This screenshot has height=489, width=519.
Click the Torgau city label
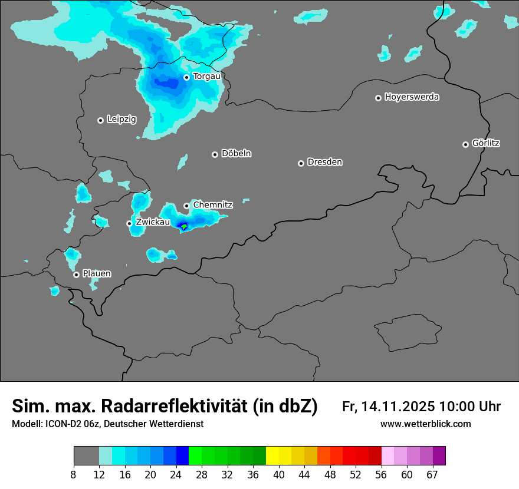(x=206, y=77)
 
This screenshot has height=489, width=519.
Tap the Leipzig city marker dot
(x=100, y=120)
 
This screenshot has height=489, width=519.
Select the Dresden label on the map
(x=324, y=162)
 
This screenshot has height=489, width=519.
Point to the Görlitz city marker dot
(x=465, y=144)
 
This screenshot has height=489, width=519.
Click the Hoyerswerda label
(x=412, y=97)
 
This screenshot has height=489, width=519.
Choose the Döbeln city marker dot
(x=215, y=154)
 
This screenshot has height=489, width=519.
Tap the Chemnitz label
(x=213, y=205)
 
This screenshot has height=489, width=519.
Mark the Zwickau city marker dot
(x=129, y=223)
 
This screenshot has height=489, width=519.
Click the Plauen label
(x=97, y=274)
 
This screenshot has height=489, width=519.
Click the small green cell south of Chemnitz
(x=184, y=227)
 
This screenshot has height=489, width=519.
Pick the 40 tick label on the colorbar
(x=279, y=474)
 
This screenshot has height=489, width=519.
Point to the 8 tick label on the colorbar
(x=74, y=474)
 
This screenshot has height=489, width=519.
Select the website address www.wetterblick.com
(x=425, y=424)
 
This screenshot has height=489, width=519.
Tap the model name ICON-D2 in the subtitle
(x=58, y=424)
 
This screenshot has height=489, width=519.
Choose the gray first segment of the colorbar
(x=86, y=456)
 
